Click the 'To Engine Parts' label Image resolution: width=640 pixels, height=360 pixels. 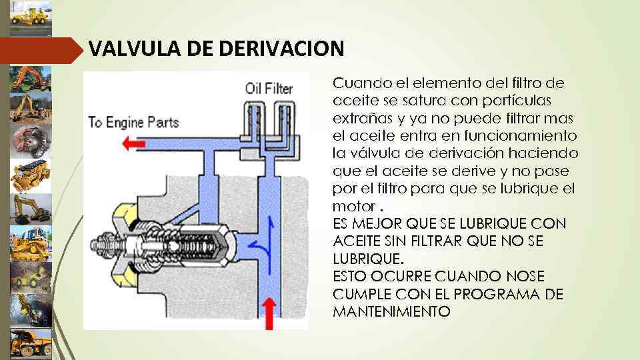pyautogui.click(x=134, y=123)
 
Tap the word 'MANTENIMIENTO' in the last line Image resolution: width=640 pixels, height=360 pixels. pyautogui.click(x=391, y=311)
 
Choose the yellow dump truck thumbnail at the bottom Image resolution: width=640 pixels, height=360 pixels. pyautogui.click(x=31, y=343)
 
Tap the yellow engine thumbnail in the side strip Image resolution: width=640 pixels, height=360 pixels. pyautogui.click(x=31, y=175)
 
